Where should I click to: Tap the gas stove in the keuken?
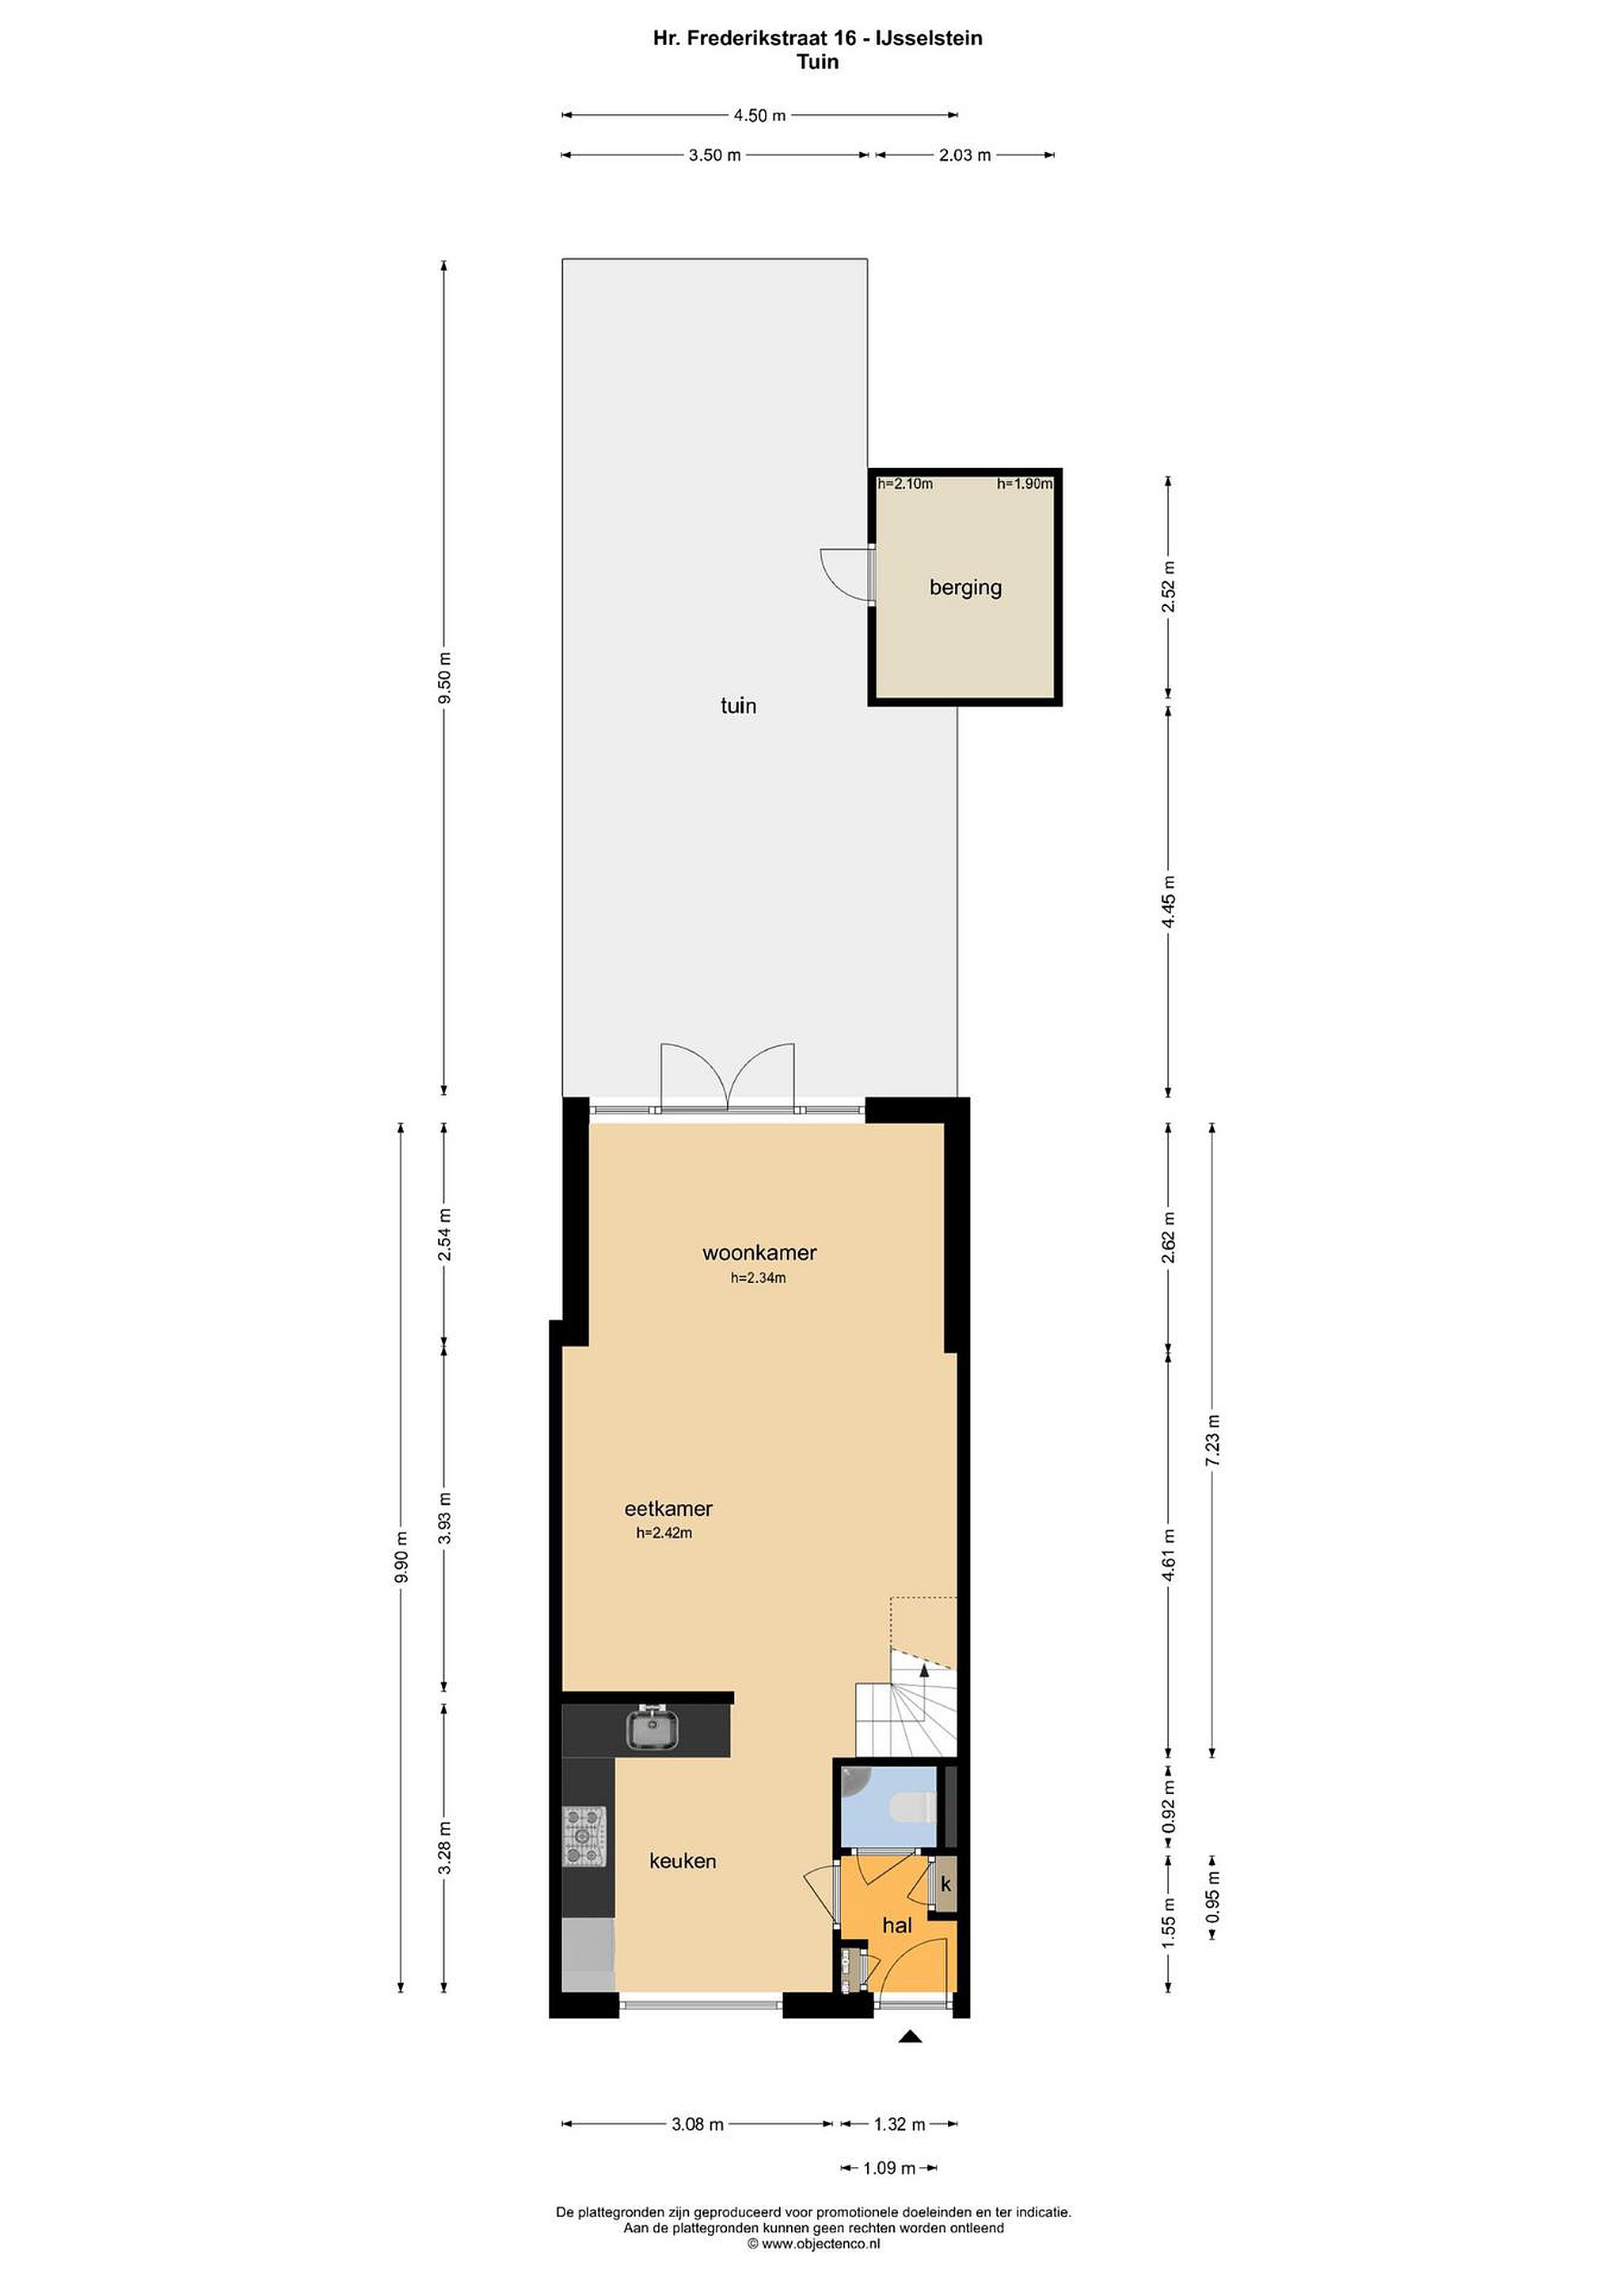point(585,1836)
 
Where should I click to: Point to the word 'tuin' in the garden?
point(738,706)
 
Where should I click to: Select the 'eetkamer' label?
point(668,1508)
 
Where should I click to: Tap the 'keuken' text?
point(683,1860)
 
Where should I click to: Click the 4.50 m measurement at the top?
point(760,116)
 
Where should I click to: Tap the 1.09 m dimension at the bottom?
point(889,2168)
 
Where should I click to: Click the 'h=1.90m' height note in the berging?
point(1024,484)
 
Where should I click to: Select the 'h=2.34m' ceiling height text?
point(758,1278)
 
